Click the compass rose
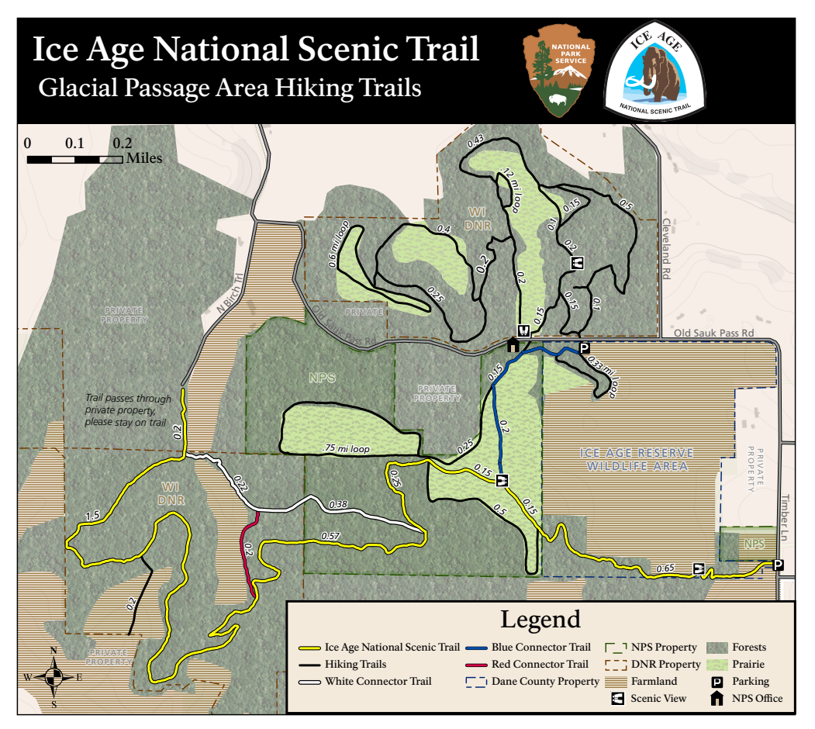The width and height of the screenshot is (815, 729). coord(54,676)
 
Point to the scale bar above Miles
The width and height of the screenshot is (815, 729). coord(74,159)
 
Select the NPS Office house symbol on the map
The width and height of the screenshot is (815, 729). coord(513,345)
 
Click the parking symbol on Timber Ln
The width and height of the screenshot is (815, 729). coord(778,565)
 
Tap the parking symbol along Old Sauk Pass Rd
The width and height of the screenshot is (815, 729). coord(584,347)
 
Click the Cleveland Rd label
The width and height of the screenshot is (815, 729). coord(665,247)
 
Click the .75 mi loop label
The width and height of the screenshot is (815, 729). coord(346,447)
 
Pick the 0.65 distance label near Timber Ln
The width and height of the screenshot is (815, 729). coord(665,568)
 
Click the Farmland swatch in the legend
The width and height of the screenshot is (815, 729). coord(619,681)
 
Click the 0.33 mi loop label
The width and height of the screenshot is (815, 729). coord(601,376)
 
